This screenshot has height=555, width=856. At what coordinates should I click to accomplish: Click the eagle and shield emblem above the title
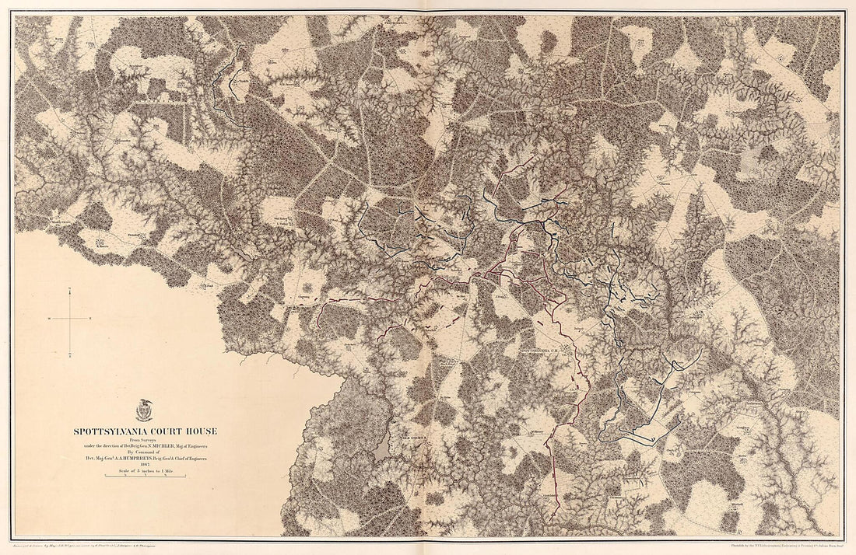[145, 410]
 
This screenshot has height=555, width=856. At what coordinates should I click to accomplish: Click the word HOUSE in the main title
[204, 431]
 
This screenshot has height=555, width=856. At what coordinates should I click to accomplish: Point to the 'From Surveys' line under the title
[146, 439]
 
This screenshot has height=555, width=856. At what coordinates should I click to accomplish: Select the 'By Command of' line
[146, 452]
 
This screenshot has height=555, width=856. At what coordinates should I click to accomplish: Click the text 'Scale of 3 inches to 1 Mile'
[146, 472]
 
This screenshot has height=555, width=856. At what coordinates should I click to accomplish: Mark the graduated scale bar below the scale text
[146, 477]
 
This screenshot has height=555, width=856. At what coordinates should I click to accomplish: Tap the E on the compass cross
[92, 319]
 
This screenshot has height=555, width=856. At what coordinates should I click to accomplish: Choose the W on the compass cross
[48, 319]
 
